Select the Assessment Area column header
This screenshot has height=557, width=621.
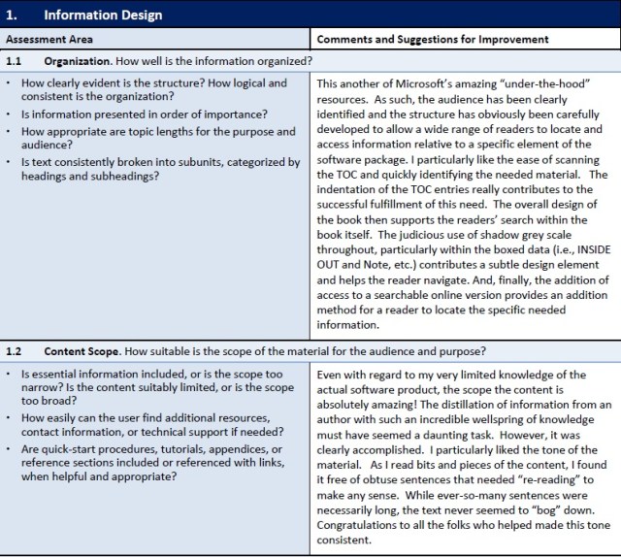pyautogui.click(x=49, y=40)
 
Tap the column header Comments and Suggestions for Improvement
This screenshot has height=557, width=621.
pyautogui.click(x=433, y=40)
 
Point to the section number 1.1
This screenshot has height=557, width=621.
pyautogui.click(x=14, y=61)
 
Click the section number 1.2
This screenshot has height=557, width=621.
pyautogui.click(x=14, y=350)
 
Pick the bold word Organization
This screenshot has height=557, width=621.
pyautogui.click(x=80, y=61)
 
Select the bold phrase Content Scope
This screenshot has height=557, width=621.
pyautogui.click(x=84, y=350)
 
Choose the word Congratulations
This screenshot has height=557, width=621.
pyautogui.click(x=364, y=525)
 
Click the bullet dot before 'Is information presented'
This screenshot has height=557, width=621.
pyautogui.click(x=9, y=115)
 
